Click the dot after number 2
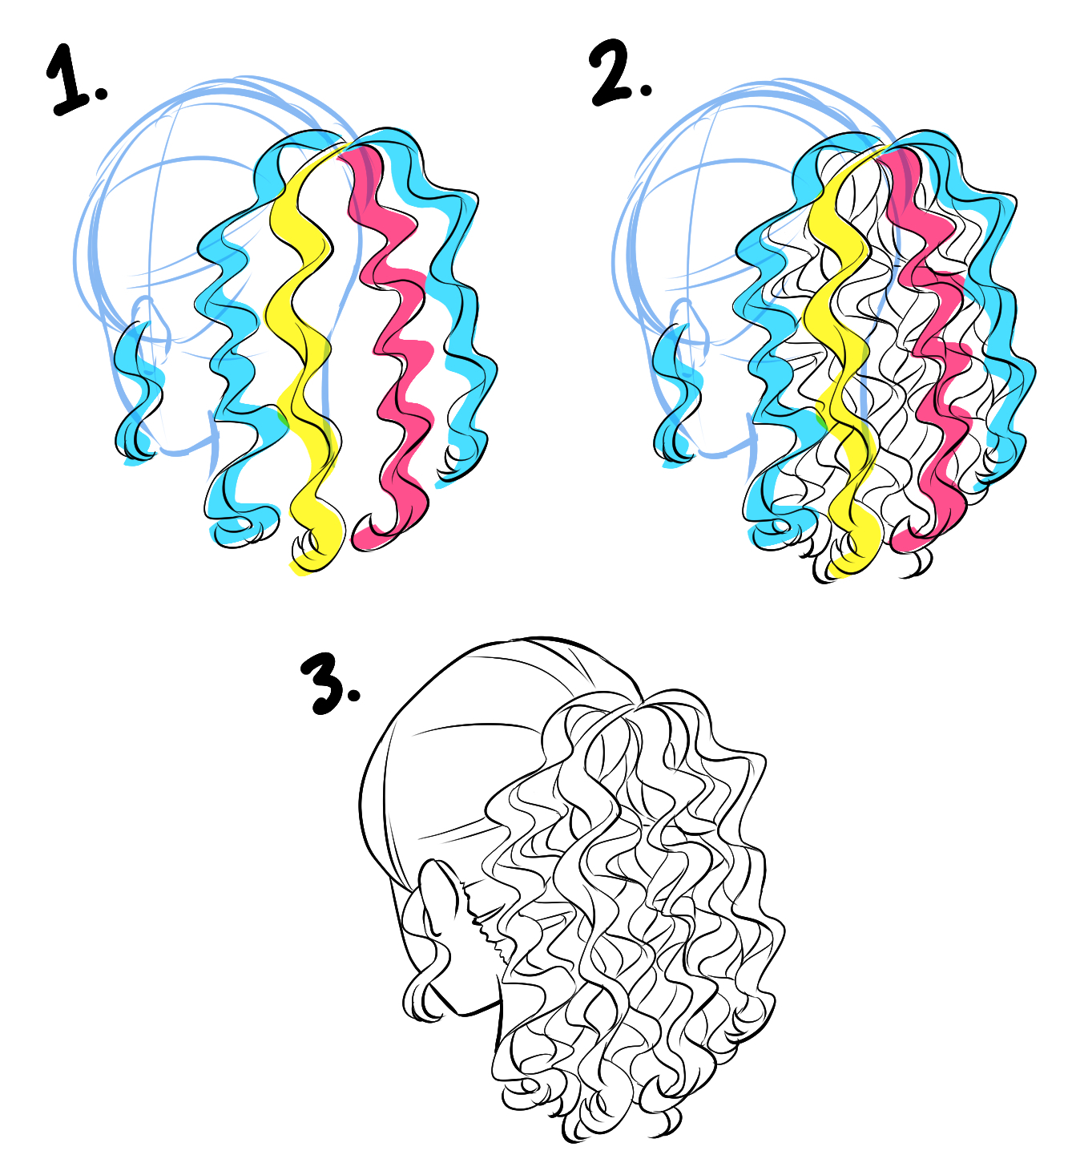point(645,89)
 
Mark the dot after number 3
point(353,695)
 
